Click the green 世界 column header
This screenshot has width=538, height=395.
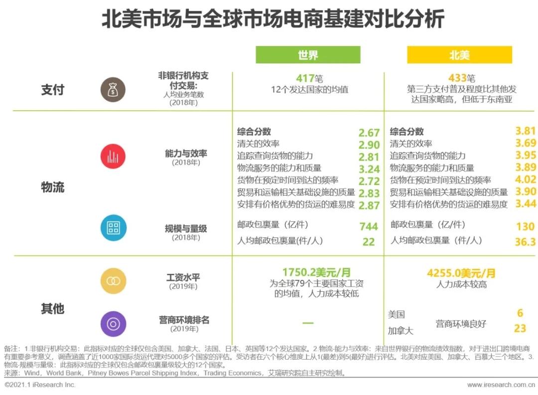pyautogui.click(x=308, y=55)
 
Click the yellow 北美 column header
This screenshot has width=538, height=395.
pyautogui.click(x=459, y=55)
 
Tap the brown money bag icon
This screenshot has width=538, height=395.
pyautogui.click(x=113, y=90)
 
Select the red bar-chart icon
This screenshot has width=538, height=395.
pyautogui.click(x=113, y=156)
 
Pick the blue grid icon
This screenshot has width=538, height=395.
pyautogui.click(x=113, y=228)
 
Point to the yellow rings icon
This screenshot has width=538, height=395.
pyautogui.click(x=113, y=281)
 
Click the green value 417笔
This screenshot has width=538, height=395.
pyautogui.click(x=308, y=78)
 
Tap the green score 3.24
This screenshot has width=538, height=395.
pyautogui.click(x=369, y=169)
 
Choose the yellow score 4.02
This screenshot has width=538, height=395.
pyautogui.click(x=526, y=180)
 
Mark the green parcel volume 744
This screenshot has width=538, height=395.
pyautogui.click(x=369, y=227)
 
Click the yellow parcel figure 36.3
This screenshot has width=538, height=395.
pyautogui.click(x=525, y=242)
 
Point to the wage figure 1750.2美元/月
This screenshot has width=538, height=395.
pyautogui.click(x=316, y=272)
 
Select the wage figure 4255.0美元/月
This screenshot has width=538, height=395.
pyautogui.click(x=461, y=273)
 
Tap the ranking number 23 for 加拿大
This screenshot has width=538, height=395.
pyautogui.click(x=520, y=329)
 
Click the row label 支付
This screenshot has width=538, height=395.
pyautogui.click(x=53, y=90)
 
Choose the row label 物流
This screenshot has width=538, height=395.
pyautogui.click(x=53, y=188)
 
